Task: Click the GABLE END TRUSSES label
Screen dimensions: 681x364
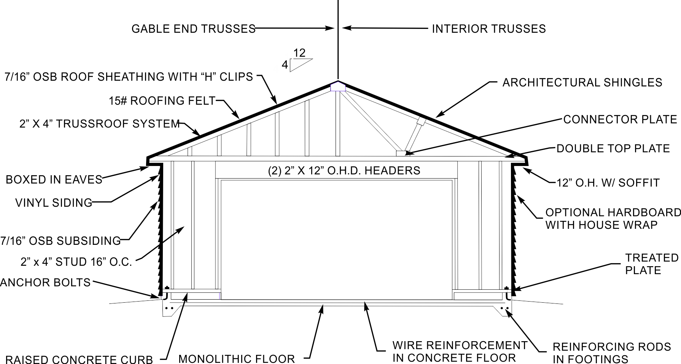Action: [193, 29]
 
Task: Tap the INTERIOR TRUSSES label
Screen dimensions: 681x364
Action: [489, 29]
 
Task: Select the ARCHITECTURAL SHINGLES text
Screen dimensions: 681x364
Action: [582, 83]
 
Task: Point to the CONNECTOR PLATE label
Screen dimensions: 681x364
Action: [620, 120]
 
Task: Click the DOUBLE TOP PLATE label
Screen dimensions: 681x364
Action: [613, 148]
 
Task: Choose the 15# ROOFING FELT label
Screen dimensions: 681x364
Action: [162, 101]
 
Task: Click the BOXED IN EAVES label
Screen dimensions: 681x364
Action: [54, 180]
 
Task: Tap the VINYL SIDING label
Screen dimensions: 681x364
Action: [54, 203]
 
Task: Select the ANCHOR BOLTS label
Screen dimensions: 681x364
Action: [45, 283]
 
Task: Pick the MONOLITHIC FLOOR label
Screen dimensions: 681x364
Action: [237, 359]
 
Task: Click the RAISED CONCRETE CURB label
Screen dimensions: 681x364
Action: [79, 360]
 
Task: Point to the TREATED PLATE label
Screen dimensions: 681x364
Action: [652, 264]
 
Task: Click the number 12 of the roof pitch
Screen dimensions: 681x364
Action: [299, 53]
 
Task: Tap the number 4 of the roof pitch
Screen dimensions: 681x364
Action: [285, 65]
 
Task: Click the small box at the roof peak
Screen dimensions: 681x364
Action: [338, 87]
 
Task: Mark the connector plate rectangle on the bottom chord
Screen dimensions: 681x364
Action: [401, 153]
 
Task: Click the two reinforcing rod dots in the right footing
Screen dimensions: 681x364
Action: [504, 308]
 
